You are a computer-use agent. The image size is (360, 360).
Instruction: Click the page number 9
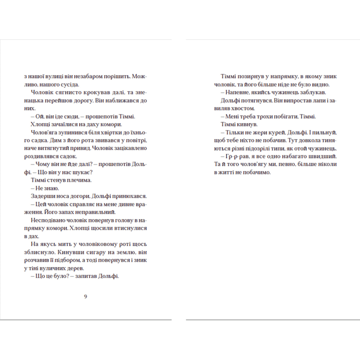click(x=86, y=296)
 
